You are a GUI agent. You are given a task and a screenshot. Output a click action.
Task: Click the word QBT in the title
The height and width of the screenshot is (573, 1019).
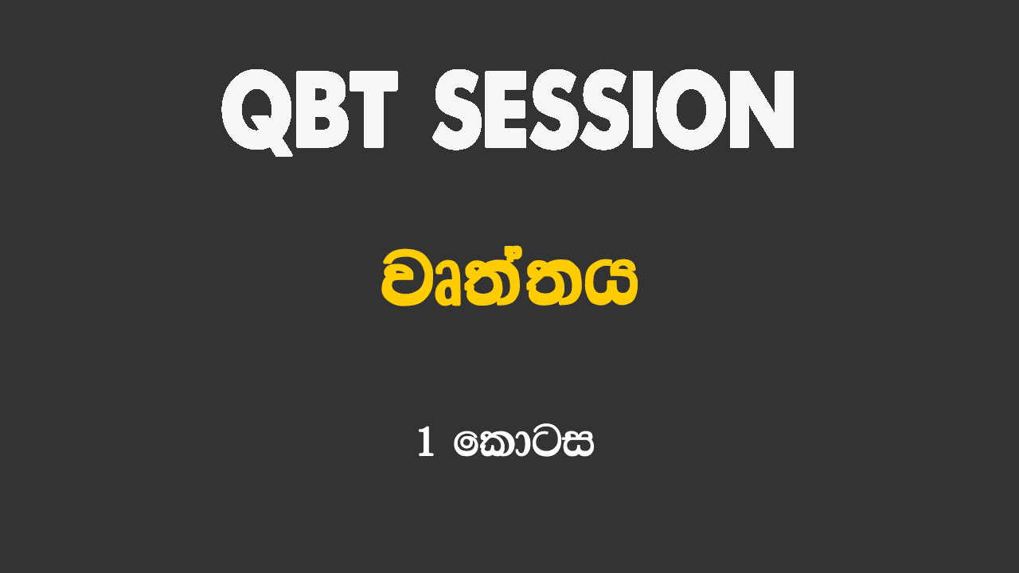point(310,111)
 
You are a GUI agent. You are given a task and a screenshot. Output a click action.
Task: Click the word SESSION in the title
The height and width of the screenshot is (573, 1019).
point(614,110)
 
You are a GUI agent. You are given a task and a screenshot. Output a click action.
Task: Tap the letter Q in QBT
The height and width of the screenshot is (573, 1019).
point(257,112)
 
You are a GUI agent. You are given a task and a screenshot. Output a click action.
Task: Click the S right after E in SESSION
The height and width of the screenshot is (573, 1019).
point(556,110)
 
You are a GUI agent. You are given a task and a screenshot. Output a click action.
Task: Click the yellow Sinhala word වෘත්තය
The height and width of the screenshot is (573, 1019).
point(509,279)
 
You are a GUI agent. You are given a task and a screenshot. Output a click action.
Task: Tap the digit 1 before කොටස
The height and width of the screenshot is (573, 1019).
point(425,442)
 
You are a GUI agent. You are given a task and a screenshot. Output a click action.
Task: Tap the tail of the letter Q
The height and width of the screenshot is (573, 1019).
point(281,148)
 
